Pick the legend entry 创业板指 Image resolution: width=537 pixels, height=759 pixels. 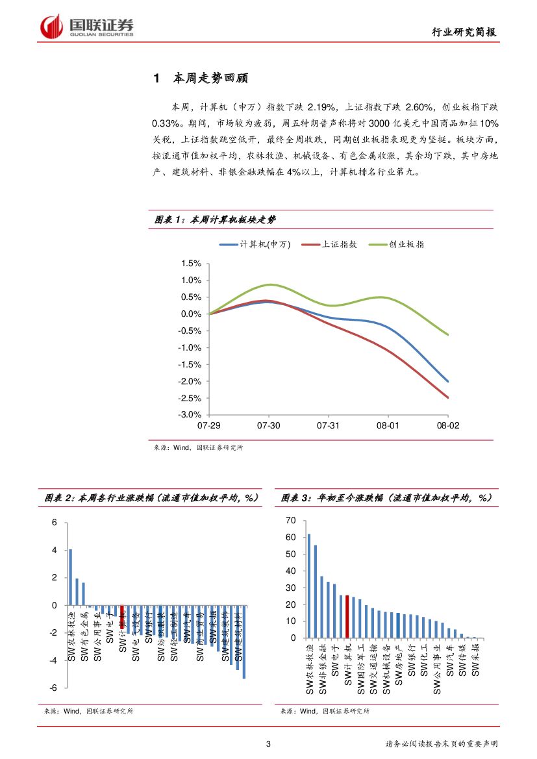406,244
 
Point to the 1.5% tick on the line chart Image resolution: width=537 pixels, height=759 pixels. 192,264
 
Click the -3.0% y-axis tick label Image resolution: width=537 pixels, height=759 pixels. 190,415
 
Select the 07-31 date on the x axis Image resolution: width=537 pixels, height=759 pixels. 328,425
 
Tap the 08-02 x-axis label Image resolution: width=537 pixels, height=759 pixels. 447,425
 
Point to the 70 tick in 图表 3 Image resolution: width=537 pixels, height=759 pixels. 290,521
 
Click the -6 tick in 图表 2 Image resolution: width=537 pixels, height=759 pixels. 55,688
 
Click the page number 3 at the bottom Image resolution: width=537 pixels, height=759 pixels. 268,744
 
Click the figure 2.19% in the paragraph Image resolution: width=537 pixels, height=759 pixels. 321,106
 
